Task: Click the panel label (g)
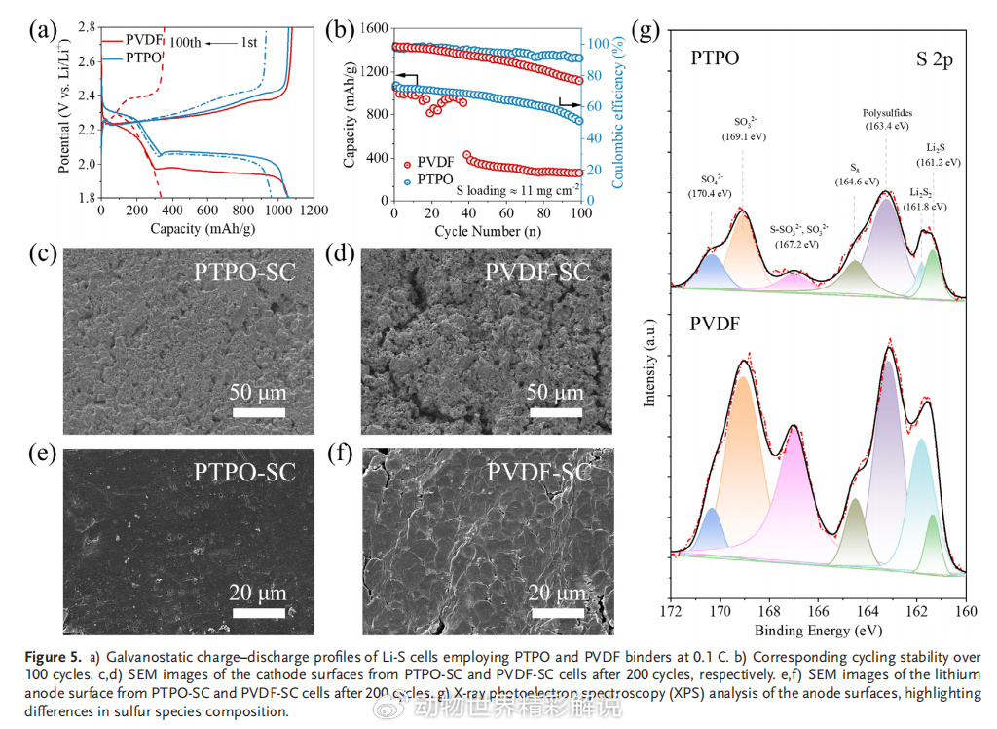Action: (x=646, y=29)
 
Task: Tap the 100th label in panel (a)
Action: (x=186, y=42)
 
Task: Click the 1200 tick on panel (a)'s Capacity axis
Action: (x=312, y=211)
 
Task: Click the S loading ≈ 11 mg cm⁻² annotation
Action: (x=511, y=191)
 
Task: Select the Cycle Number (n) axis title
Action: (x=487, y=230)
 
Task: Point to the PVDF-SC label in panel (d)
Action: (x=536, y=272)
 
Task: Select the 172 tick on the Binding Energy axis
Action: (x=671, y=612)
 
